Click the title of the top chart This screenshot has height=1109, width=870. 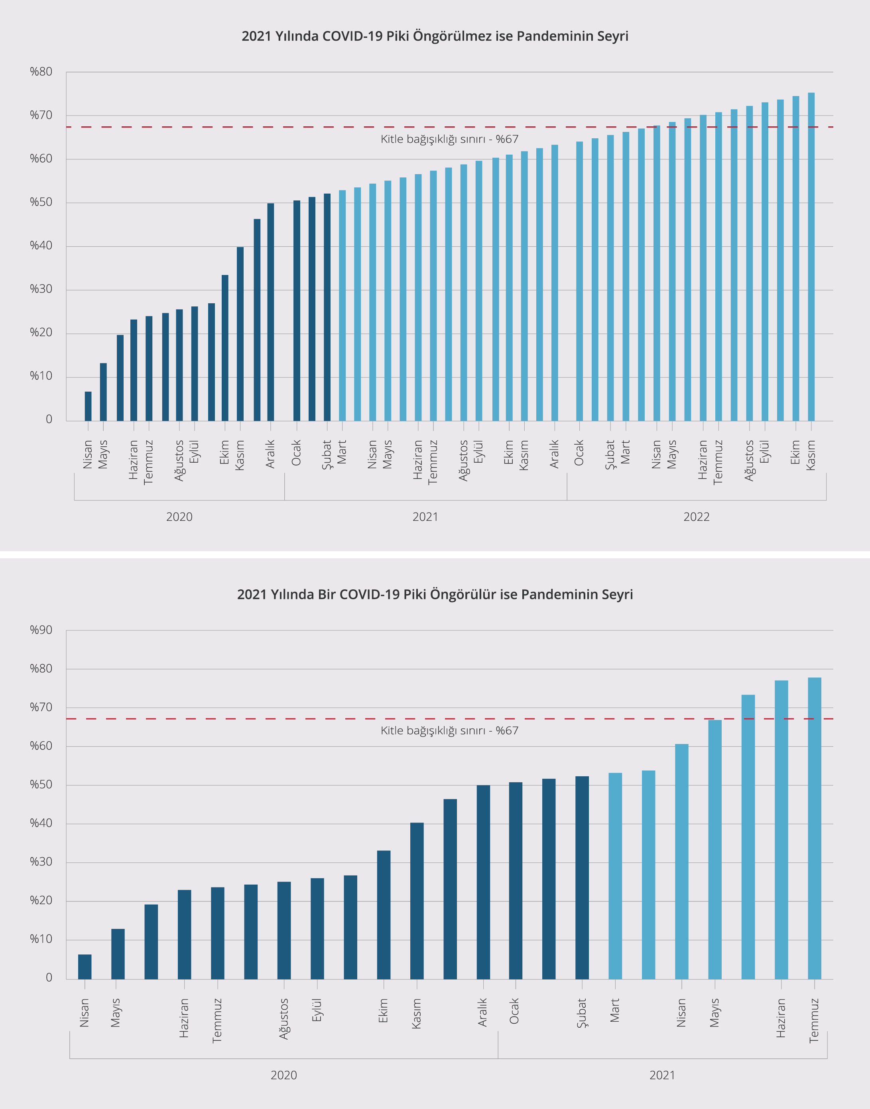click(x=435, y=36)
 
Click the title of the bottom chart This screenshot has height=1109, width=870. click(x=435, y=595)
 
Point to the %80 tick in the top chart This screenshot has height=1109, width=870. click(x=41, y=72)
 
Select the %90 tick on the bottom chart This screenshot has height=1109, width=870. click(x=41, y=630)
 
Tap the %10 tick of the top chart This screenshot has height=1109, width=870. click(x=41, y=376)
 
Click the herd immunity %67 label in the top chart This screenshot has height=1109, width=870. click(x=449, y=139)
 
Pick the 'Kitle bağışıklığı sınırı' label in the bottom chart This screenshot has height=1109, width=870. click(x=449, y=730)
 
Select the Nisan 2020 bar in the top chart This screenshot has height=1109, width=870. click(x=88, y=406)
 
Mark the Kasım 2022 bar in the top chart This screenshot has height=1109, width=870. click(x=811, y=257)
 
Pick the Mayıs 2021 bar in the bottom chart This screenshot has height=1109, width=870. click(x=715, y=850)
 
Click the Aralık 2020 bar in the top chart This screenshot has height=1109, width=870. click(x=270, y=312)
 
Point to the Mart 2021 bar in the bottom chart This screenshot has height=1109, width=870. click(x=615, y=876)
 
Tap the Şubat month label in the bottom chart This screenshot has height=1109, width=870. click(x=582, y=1013)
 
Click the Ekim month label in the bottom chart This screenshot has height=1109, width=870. click(x=383, y=1010)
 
